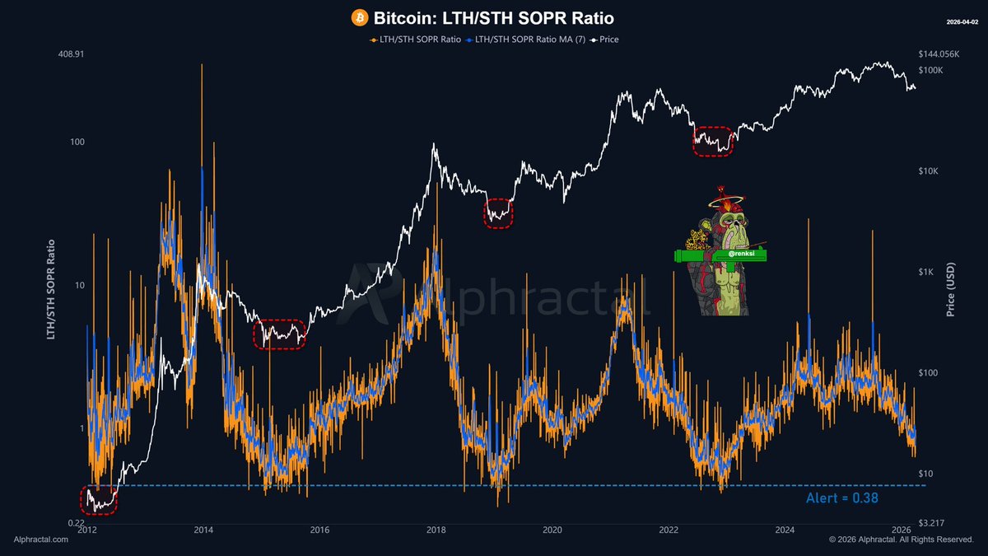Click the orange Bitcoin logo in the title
coord(359,17)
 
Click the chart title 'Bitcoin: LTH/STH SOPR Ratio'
coord(494,17)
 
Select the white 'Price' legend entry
coord(606,39)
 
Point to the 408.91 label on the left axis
coord(72,54)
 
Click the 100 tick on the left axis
coord(77,142)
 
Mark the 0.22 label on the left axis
coord(75,523)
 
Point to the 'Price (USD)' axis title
coord(951,285)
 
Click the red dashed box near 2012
coord(99,500)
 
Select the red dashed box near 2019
coord(498,213)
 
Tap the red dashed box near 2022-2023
coord(713,141)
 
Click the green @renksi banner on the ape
coord(720,256)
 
